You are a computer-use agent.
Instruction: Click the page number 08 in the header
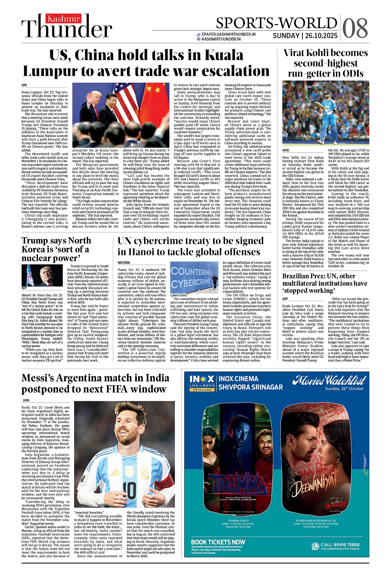point(355,28)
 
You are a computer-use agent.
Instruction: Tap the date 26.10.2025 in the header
point(321,36)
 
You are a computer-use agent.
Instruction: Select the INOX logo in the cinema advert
point(202,379)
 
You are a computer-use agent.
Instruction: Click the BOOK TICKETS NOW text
point(218,542)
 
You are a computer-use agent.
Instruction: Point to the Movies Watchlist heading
point(329,380)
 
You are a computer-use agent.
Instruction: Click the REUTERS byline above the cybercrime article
point(124,263)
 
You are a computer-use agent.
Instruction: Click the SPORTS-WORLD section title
point(276,23)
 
